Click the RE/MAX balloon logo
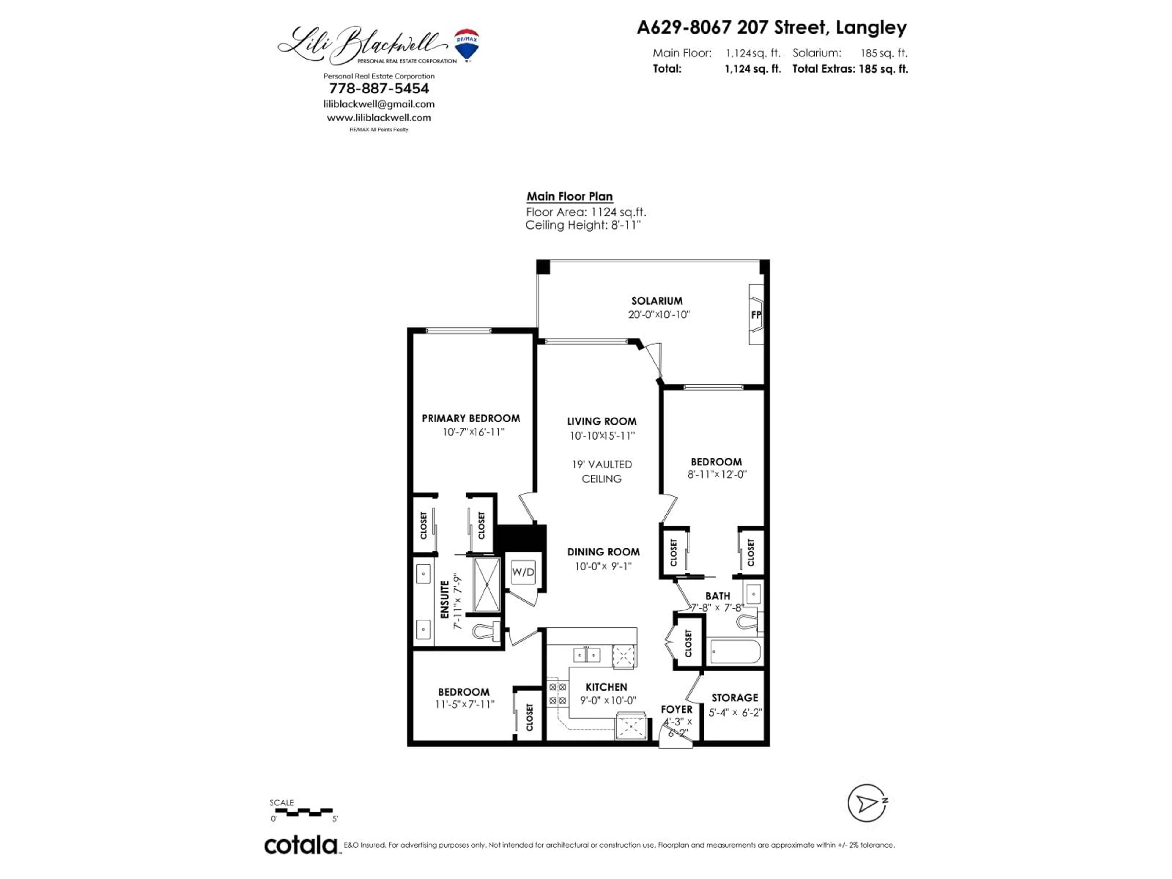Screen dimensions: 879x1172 pyautogui.click(x=467, y=45)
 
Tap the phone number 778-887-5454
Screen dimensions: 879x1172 pyautogui.click(x=379, y=89)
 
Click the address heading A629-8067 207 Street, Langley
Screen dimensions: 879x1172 pyautogui.click(x=772, y=27)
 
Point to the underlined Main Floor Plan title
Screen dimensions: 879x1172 pyautogui.click(x=570, y=197)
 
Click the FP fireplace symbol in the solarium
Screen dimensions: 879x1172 pyautogui.click(x=756, y=315)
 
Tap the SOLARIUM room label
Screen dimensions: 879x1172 pyautogui.click(x=657, y=300)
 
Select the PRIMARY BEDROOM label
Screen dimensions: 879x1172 pyautogui.click(x=471, y=418)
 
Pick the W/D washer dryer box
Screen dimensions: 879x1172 pyautogui.click(x=523, y=572)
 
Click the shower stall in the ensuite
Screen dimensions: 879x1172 pyautogui.click(x=487, y=584)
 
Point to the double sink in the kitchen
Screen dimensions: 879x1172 pyautogui.click(x=587, y=655)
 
